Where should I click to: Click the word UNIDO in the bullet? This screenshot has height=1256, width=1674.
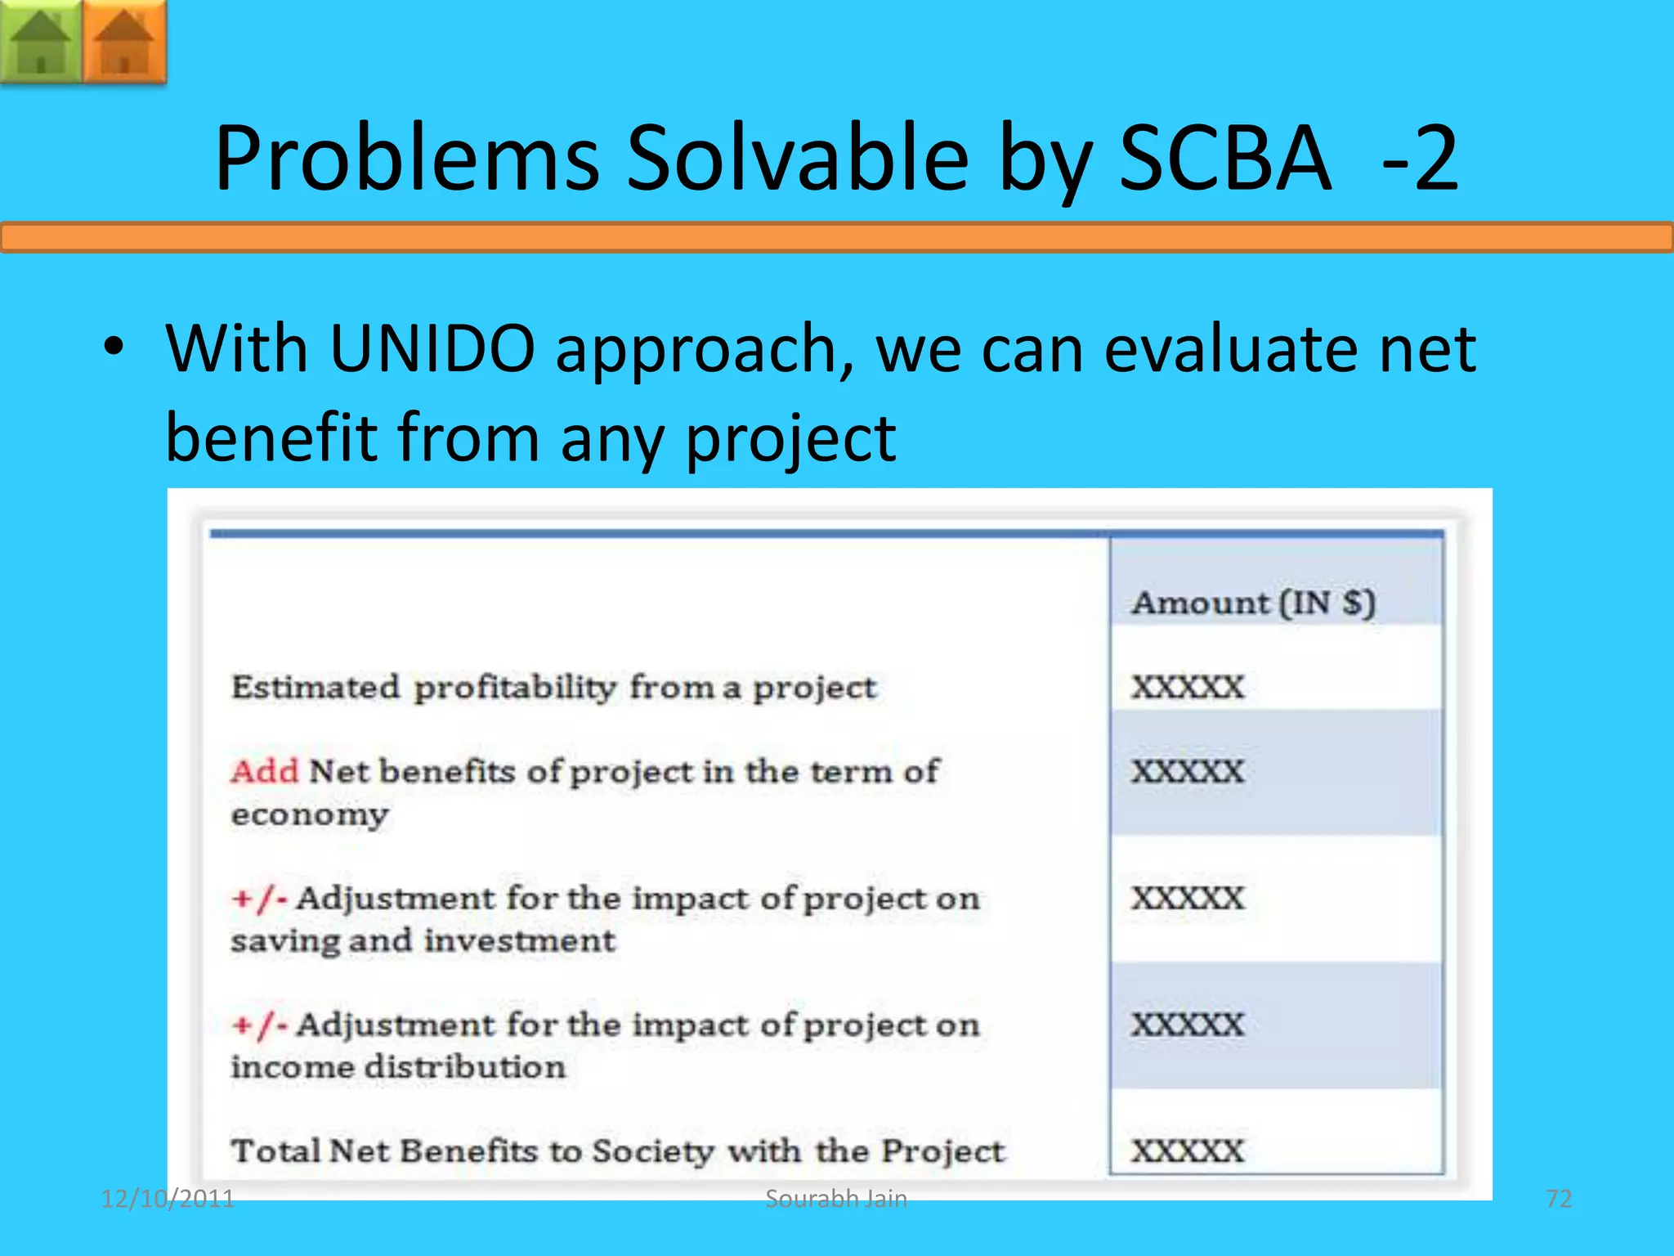(x=432, y=349)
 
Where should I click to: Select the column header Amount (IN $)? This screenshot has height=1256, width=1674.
(x=1253, y=603)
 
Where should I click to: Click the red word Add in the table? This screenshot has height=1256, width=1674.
(x=265, y=771)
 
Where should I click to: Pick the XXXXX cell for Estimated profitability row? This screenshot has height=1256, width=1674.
(x=1188, y=687)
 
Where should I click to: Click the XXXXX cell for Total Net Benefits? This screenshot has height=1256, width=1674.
(x=1188, y=1151)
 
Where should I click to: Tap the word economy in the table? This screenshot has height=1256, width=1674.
(x=310, y=815)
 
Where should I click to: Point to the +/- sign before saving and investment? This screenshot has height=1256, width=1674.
(x=258, y=899)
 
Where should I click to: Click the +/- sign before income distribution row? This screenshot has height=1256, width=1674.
(x=258, y=1025)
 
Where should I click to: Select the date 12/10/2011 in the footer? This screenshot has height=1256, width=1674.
(x=168, y=1199)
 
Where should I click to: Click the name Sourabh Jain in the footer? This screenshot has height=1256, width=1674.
(x=836, y=1199)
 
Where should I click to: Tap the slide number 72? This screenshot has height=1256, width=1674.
(x=1559, y=1199)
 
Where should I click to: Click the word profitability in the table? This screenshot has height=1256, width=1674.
(x=514, y=688)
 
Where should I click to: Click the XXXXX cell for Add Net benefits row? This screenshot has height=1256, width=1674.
(x=1188, y=771)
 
